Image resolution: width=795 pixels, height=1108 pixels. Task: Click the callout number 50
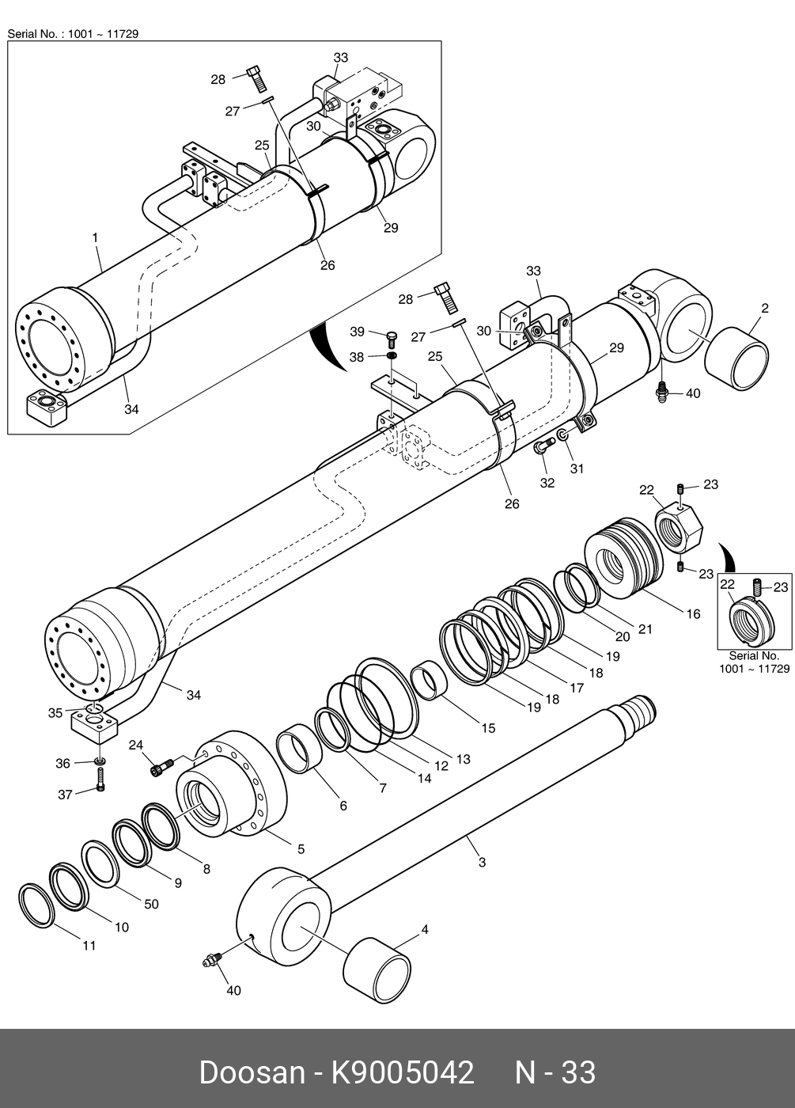(151, 904)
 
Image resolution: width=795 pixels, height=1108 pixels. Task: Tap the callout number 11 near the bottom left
(89, 946)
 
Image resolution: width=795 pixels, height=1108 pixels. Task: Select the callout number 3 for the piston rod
(483, 862)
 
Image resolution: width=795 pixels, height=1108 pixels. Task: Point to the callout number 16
(693, 614)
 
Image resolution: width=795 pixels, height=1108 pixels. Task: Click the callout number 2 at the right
(765, 308)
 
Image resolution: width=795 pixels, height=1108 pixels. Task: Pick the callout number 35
(55, 713)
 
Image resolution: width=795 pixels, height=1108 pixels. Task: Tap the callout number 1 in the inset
(96, 238)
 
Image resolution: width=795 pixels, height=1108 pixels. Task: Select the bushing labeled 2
(736, 359)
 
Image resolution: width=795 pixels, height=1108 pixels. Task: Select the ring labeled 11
(36, 905)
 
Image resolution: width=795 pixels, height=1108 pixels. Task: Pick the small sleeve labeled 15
(430, 681)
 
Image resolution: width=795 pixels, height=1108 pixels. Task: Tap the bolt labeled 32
(544, 446)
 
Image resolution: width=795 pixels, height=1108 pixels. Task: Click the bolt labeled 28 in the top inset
(256, 78)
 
